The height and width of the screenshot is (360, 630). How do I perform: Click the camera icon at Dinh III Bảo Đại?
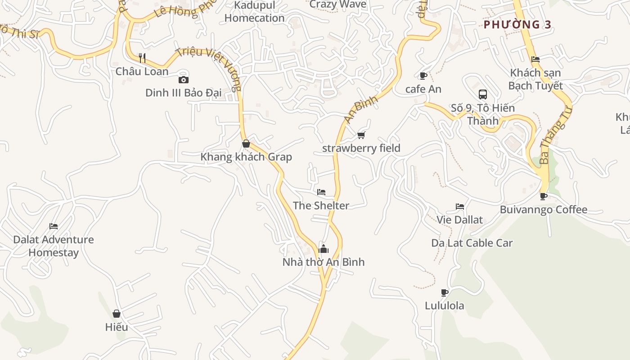[x=183, y=80]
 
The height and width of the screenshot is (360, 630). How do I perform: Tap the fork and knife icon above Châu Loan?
[x=142, y=58]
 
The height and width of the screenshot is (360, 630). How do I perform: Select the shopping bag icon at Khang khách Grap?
[x=246, y=144]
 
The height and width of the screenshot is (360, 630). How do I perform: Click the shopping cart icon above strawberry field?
[x=361, y=135]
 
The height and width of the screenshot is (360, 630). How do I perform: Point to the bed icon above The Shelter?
[x=321, y=192]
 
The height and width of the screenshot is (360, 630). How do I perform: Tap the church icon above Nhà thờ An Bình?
[x=323, y=248]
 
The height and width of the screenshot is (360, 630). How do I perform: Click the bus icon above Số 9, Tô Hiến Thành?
[x=483, y=94]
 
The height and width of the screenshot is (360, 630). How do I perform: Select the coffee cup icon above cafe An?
[x=423, y=76]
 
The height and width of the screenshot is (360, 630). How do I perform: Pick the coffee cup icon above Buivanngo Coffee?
[x=544, y=196]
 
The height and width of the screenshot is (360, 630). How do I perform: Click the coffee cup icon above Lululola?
[x=445, y=292]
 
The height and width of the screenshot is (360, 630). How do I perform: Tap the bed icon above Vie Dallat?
[x=459, y=207]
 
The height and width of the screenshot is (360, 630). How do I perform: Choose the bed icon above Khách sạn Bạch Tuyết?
[x=535, y=59]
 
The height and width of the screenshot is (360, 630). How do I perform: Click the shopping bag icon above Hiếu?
[x=117, y=314]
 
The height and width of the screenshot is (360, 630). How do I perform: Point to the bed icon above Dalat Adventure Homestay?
[x=54, y=226]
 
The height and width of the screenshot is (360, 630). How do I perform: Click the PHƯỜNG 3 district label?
[x=517, y=25]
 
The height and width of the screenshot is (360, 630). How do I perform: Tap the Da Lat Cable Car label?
[x=472, y=243]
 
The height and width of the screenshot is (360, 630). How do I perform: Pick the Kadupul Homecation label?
[x=254, y=12]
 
